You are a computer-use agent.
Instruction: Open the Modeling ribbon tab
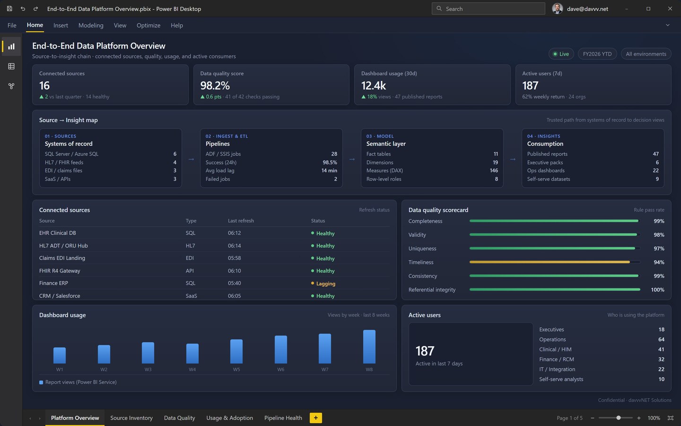click(91, 25)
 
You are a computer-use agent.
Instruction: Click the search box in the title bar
click(488, 9)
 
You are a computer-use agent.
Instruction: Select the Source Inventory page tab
click(131, 418)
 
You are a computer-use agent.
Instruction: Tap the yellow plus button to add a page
click(315, 418)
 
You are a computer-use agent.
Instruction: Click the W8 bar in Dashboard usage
click(369, 346)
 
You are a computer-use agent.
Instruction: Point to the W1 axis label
click(60, 369)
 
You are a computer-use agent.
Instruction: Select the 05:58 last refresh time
click(235, 258)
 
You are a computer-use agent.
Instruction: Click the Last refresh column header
click(241, 221)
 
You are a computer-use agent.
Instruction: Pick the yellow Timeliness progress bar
click(550, 262)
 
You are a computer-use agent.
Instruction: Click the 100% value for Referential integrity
click(657, 290)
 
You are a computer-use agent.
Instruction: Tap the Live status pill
click(561, 54)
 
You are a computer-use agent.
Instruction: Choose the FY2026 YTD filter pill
click(597, 54)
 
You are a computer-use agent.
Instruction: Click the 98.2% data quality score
click(215, 86)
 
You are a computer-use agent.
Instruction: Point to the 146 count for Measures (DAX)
click(494, 170)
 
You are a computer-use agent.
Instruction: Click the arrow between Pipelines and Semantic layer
click(352, 159)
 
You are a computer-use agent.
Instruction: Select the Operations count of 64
click(661, 339)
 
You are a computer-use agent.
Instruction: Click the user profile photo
click(557, 9)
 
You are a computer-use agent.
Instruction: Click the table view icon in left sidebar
click(11, 66)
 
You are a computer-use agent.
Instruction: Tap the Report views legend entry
click(78, 382)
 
